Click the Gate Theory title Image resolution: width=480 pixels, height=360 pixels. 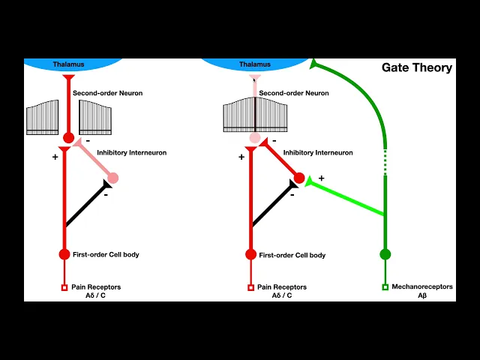click(x=417, y=67)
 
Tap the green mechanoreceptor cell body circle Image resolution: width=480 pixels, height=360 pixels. click(x=385, y=254)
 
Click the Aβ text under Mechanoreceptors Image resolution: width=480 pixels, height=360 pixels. click(x=422, y=296)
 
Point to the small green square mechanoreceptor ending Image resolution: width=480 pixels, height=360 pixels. click(x=385, y=287)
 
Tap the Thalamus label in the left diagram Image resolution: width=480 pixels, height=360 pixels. click(x=67, y=64)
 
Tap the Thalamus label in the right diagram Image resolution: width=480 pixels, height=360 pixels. click(x=255, y=64)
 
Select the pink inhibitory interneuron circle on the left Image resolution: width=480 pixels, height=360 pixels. click(x=113, y=178)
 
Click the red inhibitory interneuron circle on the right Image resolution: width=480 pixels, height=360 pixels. click(x=299, y=178)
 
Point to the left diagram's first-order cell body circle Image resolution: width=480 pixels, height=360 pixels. click(x=64, y=254)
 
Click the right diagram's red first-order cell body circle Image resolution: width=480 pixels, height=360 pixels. click(x=250, y=254)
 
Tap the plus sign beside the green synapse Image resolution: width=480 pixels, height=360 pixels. click(x=322, y=178)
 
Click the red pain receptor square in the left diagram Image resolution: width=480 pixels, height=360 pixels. click(x=64, y=287)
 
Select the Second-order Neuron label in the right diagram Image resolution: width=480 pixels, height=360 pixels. click(x=294, y=93)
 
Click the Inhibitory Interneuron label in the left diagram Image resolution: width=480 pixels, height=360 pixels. click(x=120, y=153)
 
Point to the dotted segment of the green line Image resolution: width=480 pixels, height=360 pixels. click(x=385, y=162)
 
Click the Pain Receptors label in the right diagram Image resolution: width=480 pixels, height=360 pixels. click(x=282, y=287)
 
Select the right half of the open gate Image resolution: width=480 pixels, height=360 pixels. click(x=95, y=117)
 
